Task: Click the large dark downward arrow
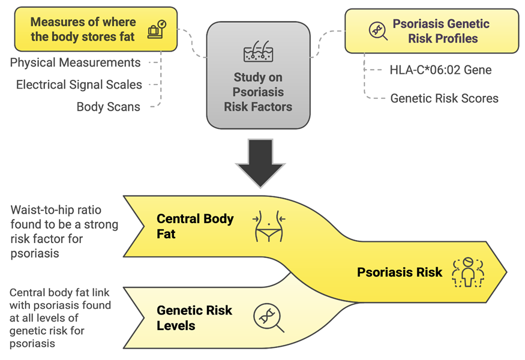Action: coord(260,163)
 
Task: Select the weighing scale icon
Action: coord(157,29)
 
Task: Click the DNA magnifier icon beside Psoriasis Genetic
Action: coord(379,31)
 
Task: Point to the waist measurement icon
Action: coord(269,226)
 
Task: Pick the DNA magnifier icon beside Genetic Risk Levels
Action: coord(269,317)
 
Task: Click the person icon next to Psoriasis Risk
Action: coord(468,272)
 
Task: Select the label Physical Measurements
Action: coord(76,62)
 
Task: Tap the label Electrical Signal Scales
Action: coord(79,85)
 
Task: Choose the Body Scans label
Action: coord(109,107)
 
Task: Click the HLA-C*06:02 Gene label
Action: coord(440,70)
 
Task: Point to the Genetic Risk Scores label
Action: coord(445,98)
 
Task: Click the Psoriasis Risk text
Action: coord(400,272)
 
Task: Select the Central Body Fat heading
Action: coord(195,226)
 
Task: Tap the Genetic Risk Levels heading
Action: coord(194,318)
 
